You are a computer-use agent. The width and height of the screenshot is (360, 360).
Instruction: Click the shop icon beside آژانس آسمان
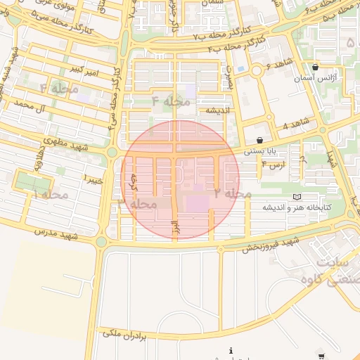[314, 67]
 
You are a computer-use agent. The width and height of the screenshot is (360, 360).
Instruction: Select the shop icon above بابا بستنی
[260, 140]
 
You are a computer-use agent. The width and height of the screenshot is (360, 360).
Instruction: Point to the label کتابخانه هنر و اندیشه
[297, 207]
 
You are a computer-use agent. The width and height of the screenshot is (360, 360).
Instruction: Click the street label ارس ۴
[273, 164]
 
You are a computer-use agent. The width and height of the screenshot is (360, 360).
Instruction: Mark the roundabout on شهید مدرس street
[101, 241]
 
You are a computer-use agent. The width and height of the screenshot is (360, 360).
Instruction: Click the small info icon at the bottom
[231, 350]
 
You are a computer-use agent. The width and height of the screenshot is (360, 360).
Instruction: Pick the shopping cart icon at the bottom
[321, 356]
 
